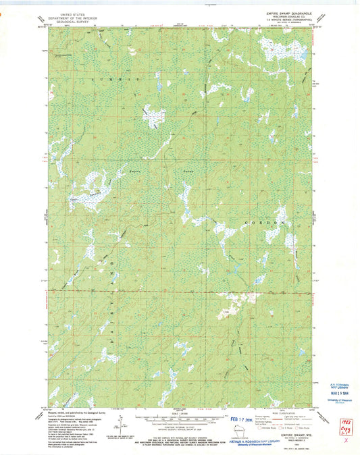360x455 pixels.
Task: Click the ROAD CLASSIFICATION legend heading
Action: pyautogui.click(x=279, y=410)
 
